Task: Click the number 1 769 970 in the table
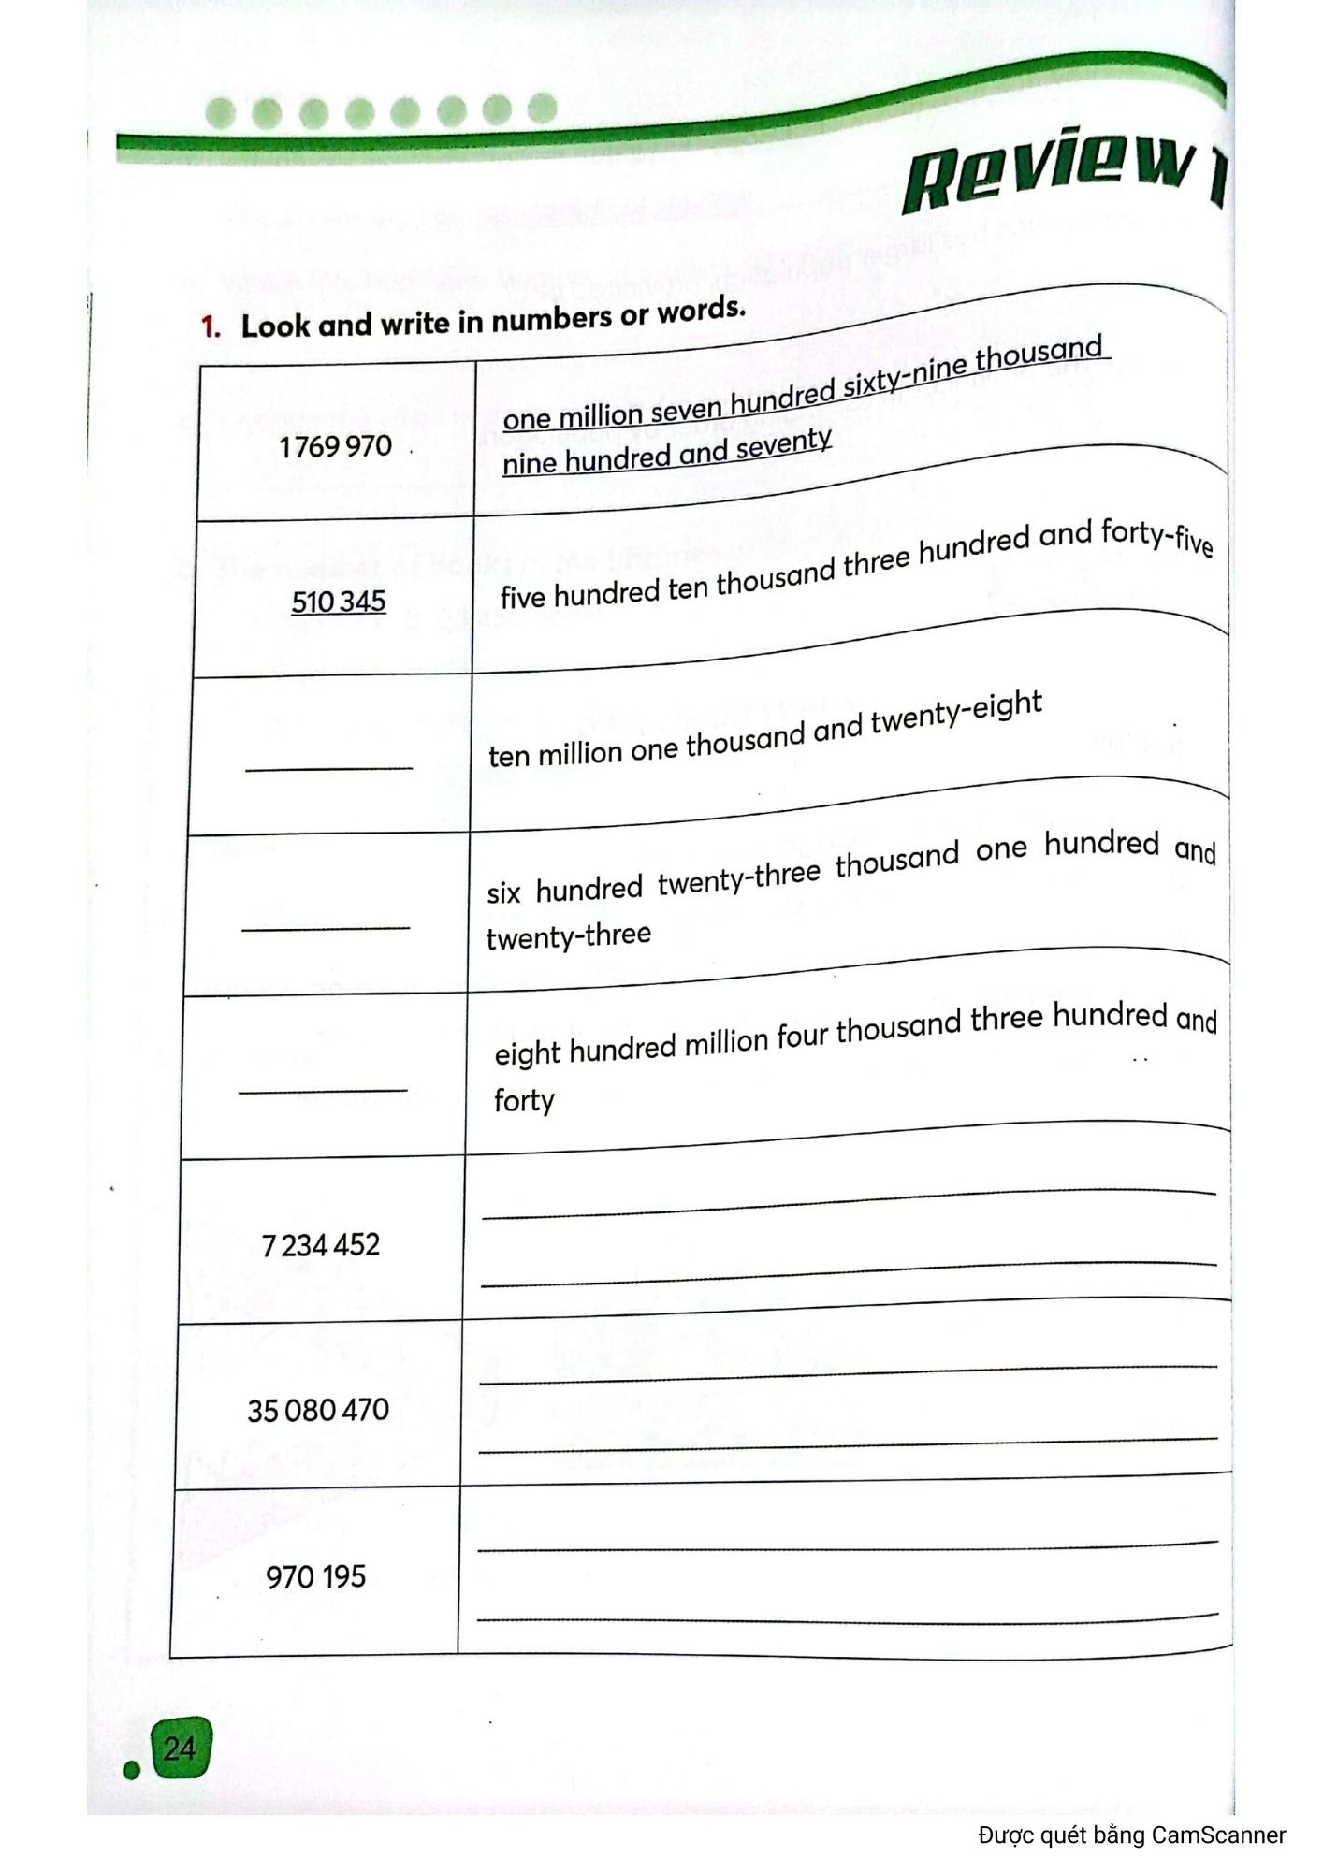pyautogui.click(x=335, y=446)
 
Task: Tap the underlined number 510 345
pyautogui.click(x=338, y=601)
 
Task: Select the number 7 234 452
pyautogui.click(x=321, y=1245)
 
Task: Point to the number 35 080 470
pyautogui.click(x=318, y=1409)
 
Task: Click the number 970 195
pyautogui.click(x=315, y=1576)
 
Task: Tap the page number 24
pyautogui.click(x=180, y=1748)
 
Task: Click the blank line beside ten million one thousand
pyautogui.click(x=328, y=768)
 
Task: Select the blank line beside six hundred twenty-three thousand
pyautogui.click(x=326, y=927)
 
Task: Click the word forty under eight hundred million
pyautogui.click(x=524, y=1100)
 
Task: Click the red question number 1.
pyautogui.click(x=210, y=326)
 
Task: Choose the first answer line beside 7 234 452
pyautogui.click(x=848, y=1205)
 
